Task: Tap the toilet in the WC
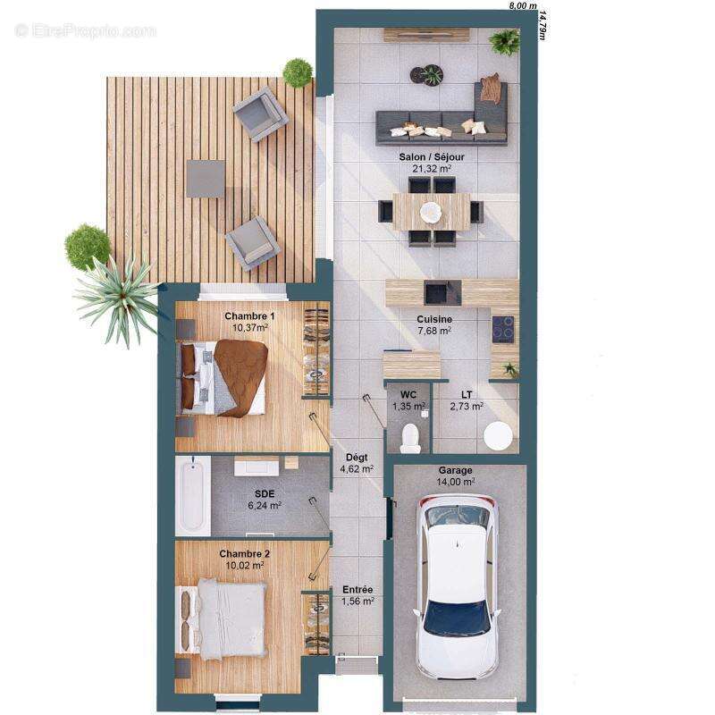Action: coord(409,437)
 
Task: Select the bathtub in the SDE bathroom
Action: coord(192,495)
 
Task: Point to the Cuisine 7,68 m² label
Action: coord(433,324)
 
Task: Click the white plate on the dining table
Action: coord(431,212)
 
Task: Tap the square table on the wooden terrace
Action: coord(206,179)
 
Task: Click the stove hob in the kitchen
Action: coord(503,329)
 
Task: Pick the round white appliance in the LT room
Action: coord(498,436)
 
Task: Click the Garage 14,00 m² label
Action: coord(456,475)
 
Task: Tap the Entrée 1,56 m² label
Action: coord(357,595)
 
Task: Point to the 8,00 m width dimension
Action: coord(522,5)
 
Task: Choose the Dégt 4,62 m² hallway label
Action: coord(357,462)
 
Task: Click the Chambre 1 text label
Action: coord(249,316)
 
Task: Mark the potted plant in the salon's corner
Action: coord(505,40)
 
